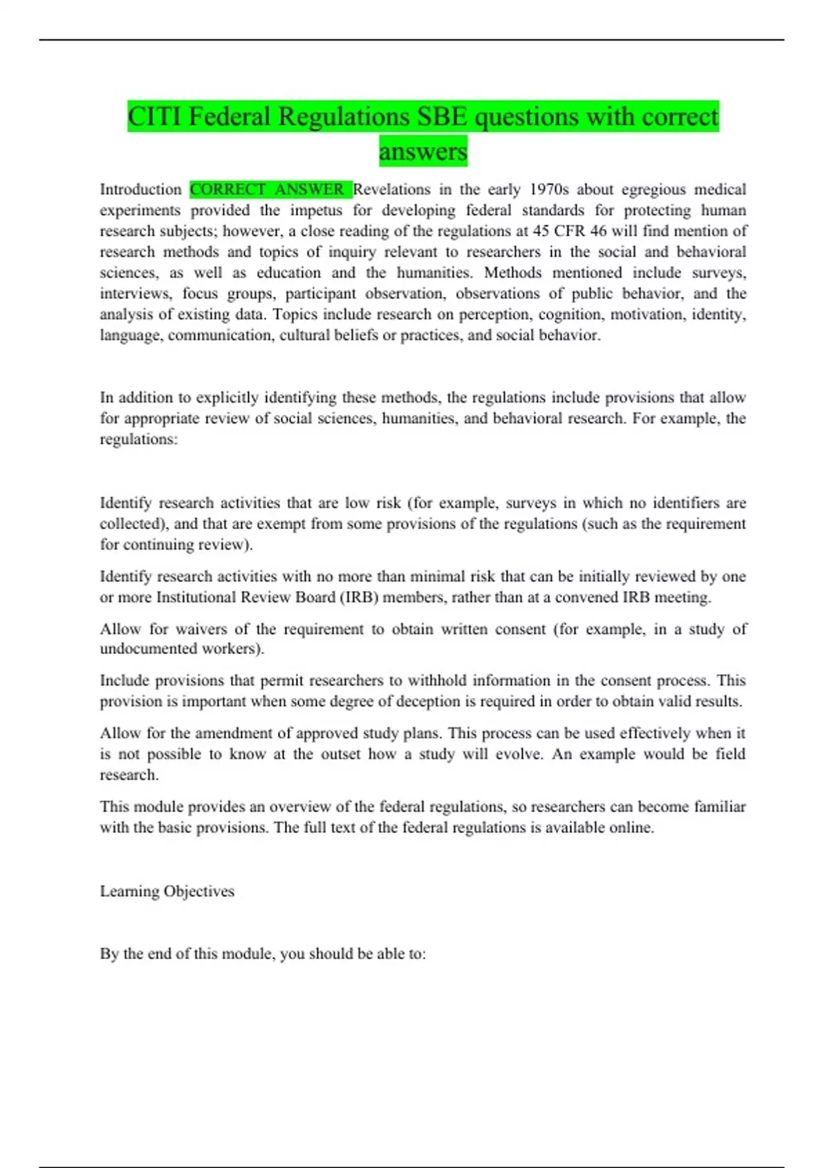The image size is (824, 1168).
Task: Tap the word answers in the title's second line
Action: click(423, 151)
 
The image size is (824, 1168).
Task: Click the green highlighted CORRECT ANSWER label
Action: click(270, 189)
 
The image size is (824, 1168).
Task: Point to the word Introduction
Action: click(141, 189)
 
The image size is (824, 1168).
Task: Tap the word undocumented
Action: click(148, 649)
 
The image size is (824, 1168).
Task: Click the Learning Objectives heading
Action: click(167, 891)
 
